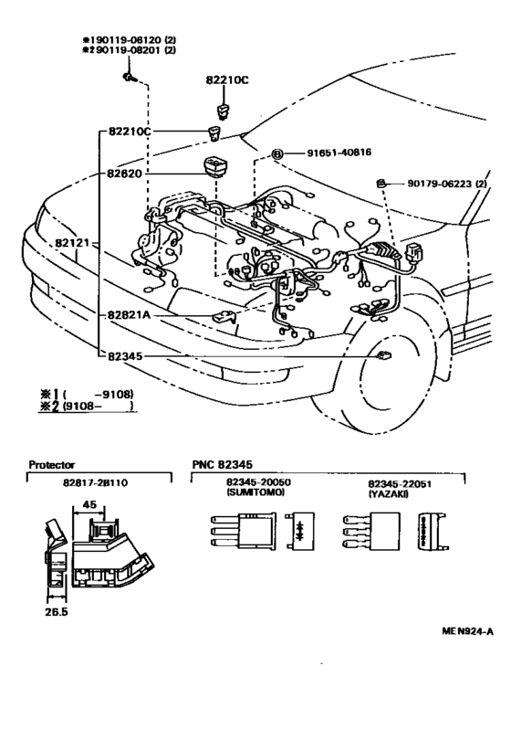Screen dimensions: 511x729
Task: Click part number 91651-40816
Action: click(339, 153)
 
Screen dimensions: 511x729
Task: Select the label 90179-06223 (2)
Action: click(447, 184)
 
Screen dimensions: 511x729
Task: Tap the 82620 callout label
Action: click(124, 174)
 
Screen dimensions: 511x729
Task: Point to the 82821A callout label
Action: click(130, 315)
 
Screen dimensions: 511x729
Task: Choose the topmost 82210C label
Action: click(227, 80)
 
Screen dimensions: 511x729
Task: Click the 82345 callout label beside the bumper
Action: click(125, 356)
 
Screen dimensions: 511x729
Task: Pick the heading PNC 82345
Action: click(223, 464)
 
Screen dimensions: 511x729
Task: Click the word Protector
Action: click(52, 464)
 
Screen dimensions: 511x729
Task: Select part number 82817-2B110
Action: click(95, 482)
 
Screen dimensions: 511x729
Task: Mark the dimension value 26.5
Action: click(57, 612)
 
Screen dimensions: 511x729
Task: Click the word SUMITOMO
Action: click(255, 492)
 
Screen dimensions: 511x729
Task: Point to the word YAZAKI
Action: click(389, 493)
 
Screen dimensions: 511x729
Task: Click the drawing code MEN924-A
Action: click(467, 631)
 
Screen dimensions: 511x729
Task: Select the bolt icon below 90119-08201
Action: click(129, 77)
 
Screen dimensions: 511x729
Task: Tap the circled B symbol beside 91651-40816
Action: click(276, 153)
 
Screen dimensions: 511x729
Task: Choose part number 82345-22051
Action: click(400, 484)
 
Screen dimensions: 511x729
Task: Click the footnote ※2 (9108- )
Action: click(88, 407)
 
